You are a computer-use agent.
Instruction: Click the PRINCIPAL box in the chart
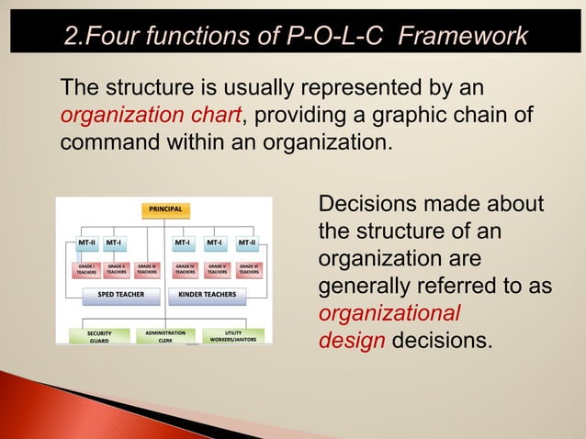coord(164,209)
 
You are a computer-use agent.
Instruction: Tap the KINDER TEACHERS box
coord(208,295)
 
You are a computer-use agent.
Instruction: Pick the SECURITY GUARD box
coord(99,336)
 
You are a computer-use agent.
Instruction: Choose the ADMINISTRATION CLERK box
coord(165,336)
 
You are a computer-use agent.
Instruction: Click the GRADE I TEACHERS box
coord(86,268)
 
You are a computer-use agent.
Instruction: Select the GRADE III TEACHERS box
coord(147,268)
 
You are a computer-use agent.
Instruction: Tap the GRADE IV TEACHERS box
coord(186,268)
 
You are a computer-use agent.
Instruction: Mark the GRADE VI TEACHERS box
coord(249,268)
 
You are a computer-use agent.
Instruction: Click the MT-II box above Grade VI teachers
coord(247,243)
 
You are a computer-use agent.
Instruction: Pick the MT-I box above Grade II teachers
coord(115,243)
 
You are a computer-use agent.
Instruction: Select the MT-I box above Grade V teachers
coord(216,243)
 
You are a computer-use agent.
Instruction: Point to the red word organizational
coord(389,314)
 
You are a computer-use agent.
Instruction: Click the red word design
coord(352,341)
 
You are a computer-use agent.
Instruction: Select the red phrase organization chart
coord(151,117)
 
